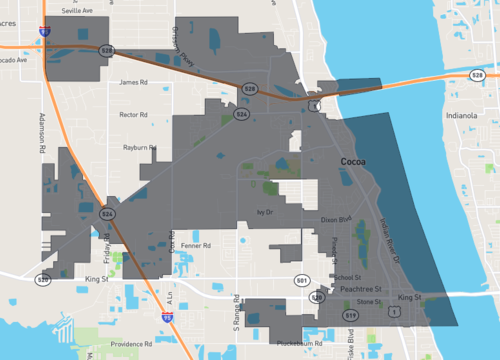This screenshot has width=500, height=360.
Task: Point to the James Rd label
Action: (132, 83)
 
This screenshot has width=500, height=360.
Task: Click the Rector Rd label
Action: (133, 115)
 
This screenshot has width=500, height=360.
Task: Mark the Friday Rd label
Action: (104, 247)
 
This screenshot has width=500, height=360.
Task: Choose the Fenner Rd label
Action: (195, 245)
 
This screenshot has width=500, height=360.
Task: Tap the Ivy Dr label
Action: (265, 212)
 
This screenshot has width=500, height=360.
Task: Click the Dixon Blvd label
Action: (336, 219)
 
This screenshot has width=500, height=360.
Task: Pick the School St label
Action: (348, 278)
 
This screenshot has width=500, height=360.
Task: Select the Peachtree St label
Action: (355, 289)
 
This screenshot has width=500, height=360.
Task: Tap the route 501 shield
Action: (301, 280)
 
